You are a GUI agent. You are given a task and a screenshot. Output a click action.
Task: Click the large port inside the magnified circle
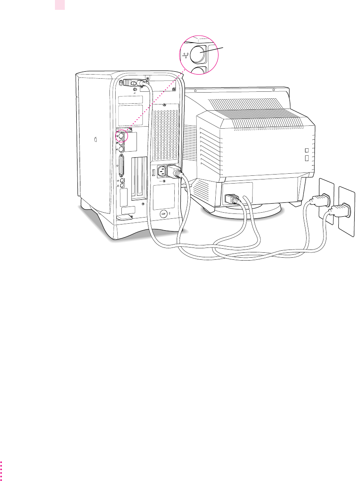click(200, 53)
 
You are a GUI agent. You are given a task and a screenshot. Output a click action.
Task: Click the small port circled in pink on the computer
click(121, 136)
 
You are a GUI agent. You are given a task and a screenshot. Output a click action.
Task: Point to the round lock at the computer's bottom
click(163, 214)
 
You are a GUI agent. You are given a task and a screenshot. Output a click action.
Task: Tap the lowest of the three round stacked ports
click(121, 150)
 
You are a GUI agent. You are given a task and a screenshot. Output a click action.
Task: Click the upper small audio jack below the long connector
click(122, 180)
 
